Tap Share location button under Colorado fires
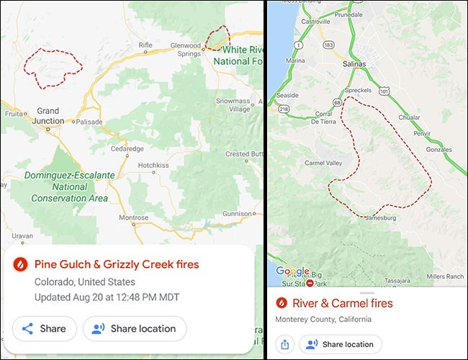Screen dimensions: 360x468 (135, 328)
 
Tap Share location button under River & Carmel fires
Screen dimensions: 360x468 (342, 344)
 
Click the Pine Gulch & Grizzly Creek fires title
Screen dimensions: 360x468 (117, 264)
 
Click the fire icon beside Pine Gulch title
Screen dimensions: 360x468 (21, 264)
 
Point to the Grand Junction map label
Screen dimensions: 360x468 (48, 116)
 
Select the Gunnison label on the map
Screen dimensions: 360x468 (238, 214)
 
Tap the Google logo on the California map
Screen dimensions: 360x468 (292, 271)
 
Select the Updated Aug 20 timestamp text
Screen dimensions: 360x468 (107, 297)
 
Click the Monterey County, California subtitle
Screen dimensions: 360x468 (323, 319)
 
